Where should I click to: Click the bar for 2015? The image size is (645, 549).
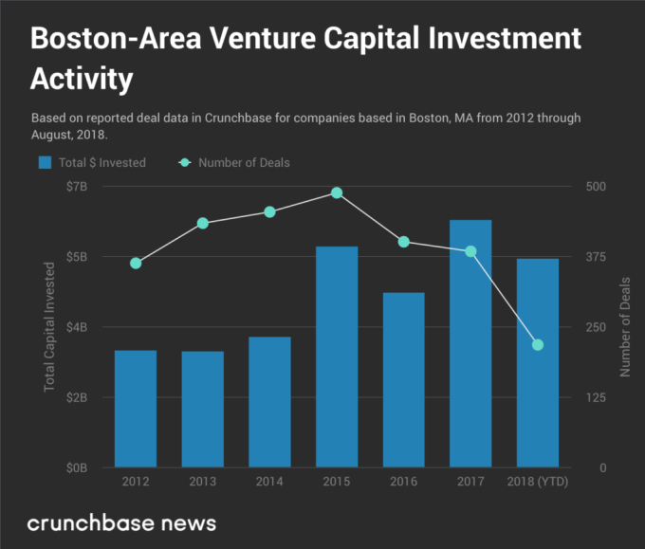pyautogui.click(x=337, y=357)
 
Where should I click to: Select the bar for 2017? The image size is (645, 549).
pyautogui.click(x=470, y=343)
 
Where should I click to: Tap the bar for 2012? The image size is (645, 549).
pyautogui.click(x=136, y=409)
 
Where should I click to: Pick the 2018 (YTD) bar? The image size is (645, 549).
pyautogui.click(x=538, y=363)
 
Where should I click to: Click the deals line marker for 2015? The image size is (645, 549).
pyautogui.click(x=337, y=192)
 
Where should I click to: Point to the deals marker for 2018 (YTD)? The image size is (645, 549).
pyautogui.click(x=538, y=344)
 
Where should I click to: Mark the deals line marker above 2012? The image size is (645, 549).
pyautogui.click(x=136, y=263)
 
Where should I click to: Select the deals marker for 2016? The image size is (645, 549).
pyautogui.click(x=404, y=242)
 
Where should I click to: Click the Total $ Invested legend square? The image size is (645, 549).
pyautogui.click(x=44, y=162)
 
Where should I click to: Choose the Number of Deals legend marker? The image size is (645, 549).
pyautogui.click(x=185, y=162)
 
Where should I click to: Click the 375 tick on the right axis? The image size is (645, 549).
pyautogui.click(x=597, y=256)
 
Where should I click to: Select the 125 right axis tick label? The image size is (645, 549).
pyautogui.click(x=597, y=397)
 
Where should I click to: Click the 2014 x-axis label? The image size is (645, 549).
pyautogui.click(x=269, y=483)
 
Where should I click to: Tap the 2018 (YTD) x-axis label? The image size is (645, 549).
pyautogui.click(x=538, y=483)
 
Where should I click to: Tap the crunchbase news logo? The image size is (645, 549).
pyautogui.click(x=121, y=522)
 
